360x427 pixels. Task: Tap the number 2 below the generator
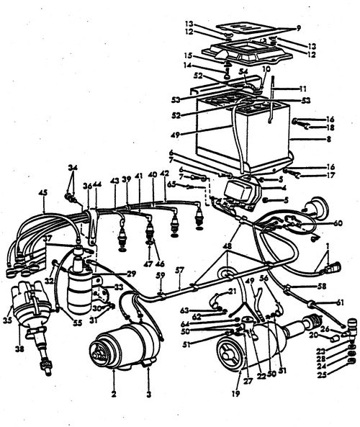click(114, 393)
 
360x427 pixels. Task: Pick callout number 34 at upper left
click(71, 167)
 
